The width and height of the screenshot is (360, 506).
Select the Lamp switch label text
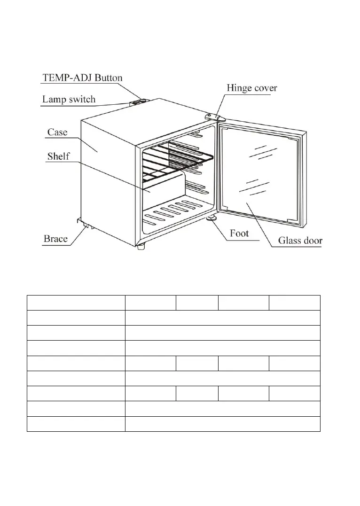pyautogui.click(x=69, y=99)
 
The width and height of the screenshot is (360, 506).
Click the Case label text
pyautogui.click(x=57, y=132)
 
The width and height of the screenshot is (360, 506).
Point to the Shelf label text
pyautogui.click(x=58, y=156)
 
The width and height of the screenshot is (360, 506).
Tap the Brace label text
pyautogui.click(x=55, y=239)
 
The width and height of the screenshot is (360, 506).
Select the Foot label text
pyautogui.click(x=239, y=233)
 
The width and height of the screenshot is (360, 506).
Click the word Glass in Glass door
pyautogui.click(x=290, y=241)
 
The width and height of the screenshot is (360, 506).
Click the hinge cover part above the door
pyautogui.click(x=214, y=116)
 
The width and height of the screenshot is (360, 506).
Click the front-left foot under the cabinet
pyautogui.click(x=140, y=246)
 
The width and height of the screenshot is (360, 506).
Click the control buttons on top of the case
pyautogui.click(x=137, y=101)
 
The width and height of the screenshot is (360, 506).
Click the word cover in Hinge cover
pyautogui.click(x=265, y=88)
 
